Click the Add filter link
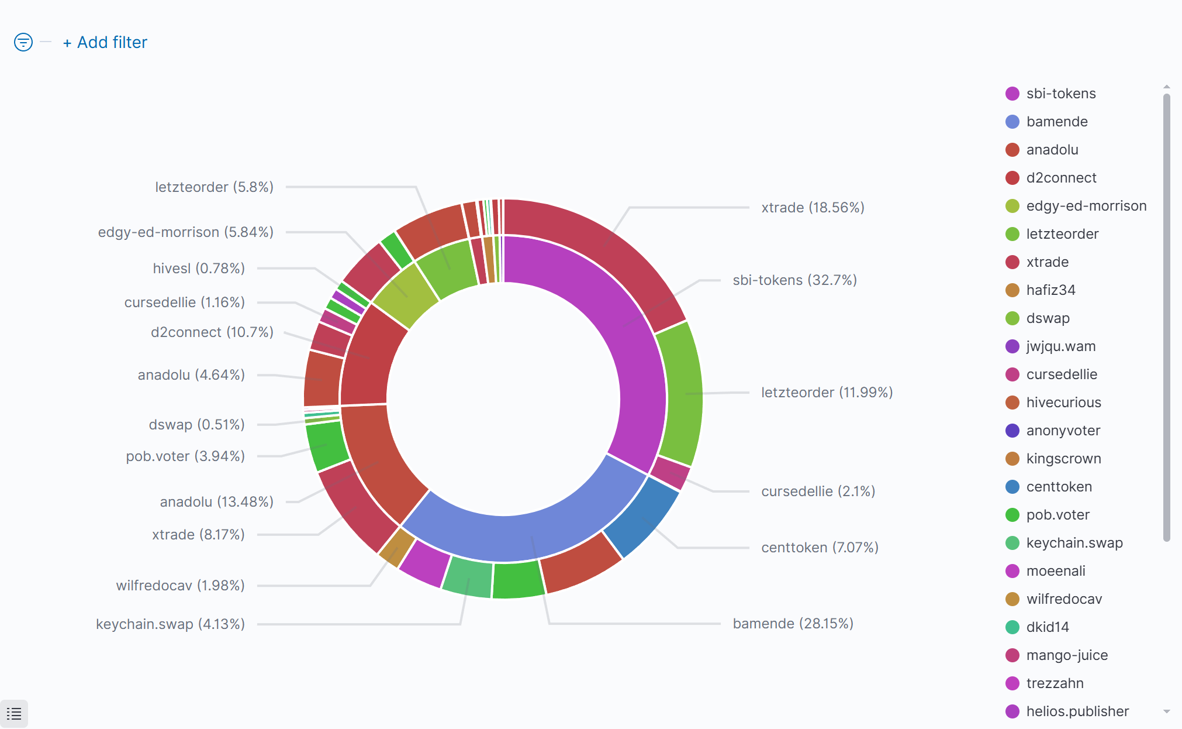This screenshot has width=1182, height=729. point(105,43)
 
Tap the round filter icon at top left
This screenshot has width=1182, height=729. point(23,42)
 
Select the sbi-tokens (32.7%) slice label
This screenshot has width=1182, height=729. point(794,280)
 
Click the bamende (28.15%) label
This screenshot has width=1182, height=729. point(793,624)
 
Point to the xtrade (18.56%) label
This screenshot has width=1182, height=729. point(813,208)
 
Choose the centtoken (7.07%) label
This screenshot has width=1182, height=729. point(820,548)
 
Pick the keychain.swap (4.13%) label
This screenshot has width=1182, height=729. point(170,624)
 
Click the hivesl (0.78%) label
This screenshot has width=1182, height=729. point(199,269)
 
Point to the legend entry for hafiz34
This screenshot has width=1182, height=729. point(1050,290)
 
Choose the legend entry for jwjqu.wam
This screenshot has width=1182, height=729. point(1060,346)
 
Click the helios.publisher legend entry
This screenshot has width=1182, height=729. point(1077,711)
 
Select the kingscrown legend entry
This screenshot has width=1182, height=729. point(1063,459)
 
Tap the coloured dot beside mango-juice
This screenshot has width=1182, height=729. point(1012,655)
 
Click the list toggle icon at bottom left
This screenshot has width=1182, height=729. point(14,714)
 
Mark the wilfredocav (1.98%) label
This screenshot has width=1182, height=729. point(180,586)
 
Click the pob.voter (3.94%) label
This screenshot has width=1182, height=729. point(185,456)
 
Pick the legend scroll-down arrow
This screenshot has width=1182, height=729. point(1167,711)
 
